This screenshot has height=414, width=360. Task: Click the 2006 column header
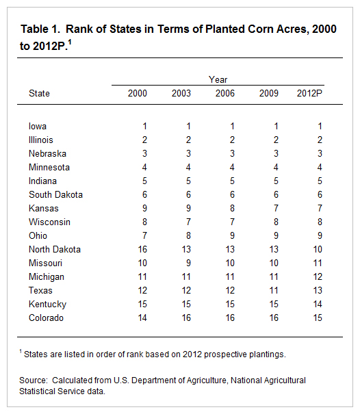tap(224, 94)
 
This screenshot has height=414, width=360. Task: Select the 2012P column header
tap(309, 94)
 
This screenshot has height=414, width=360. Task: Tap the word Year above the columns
tap(218, 79)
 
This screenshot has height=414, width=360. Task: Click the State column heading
tap(39, 94)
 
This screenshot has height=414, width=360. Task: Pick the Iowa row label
tap(38, 126)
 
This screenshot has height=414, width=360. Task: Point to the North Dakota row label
tap(55, 249)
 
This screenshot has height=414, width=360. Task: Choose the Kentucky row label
tap(47, 304)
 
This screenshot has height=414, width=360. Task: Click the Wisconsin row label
tap(50, 222)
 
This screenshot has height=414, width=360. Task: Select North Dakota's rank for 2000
tap(142, 249)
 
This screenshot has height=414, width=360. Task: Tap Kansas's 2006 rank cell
tap(232, 208)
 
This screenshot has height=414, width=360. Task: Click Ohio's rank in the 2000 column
tap(144, 235)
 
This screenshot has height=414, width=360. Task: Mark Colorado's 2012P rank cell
tap(318, 318)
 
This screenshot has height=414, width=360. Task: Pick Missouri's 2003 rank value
tap(188, 263)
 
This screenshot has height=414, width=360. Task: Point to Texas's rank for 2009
tap(274, 290)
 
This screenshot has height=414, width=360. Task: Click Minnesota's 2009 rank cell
tap(276, 167)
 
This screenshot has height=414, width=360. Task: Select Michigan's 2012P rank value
tap(318, 276)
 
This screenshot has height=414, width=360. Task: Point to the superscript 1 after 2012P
tap(70, 42)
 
